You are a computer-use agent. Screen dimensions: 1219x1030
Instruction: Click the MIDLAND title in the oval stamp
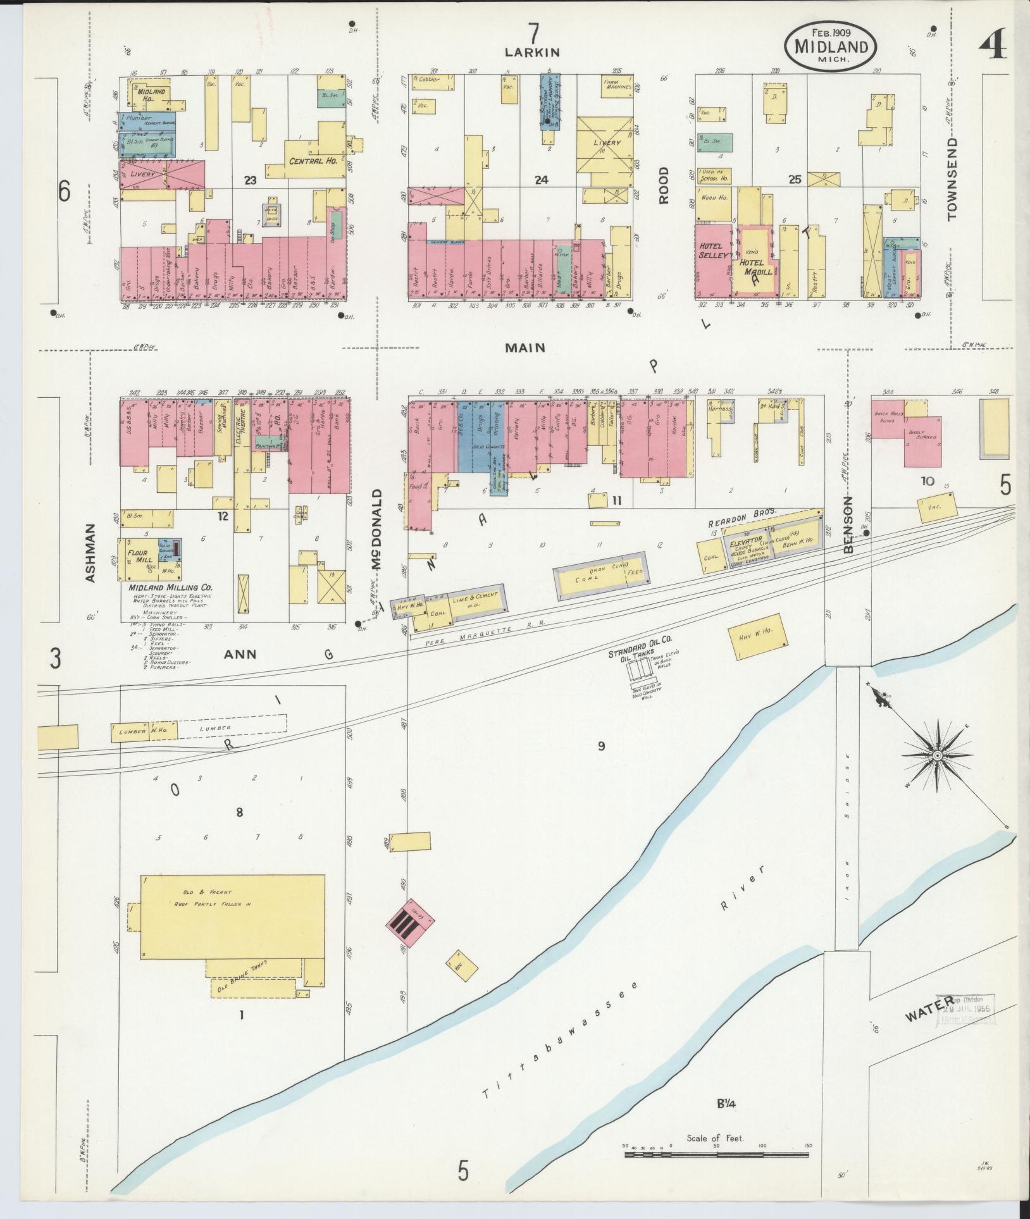point(831,46)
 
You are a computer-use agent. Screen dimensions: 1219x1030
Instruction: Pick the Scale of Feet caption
point(716,1139)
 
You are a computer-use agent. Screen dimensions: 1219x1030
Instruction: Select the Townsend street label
point(952,179)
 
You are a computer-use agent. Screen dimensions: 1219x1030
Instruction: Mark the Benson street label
point(848,525)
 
